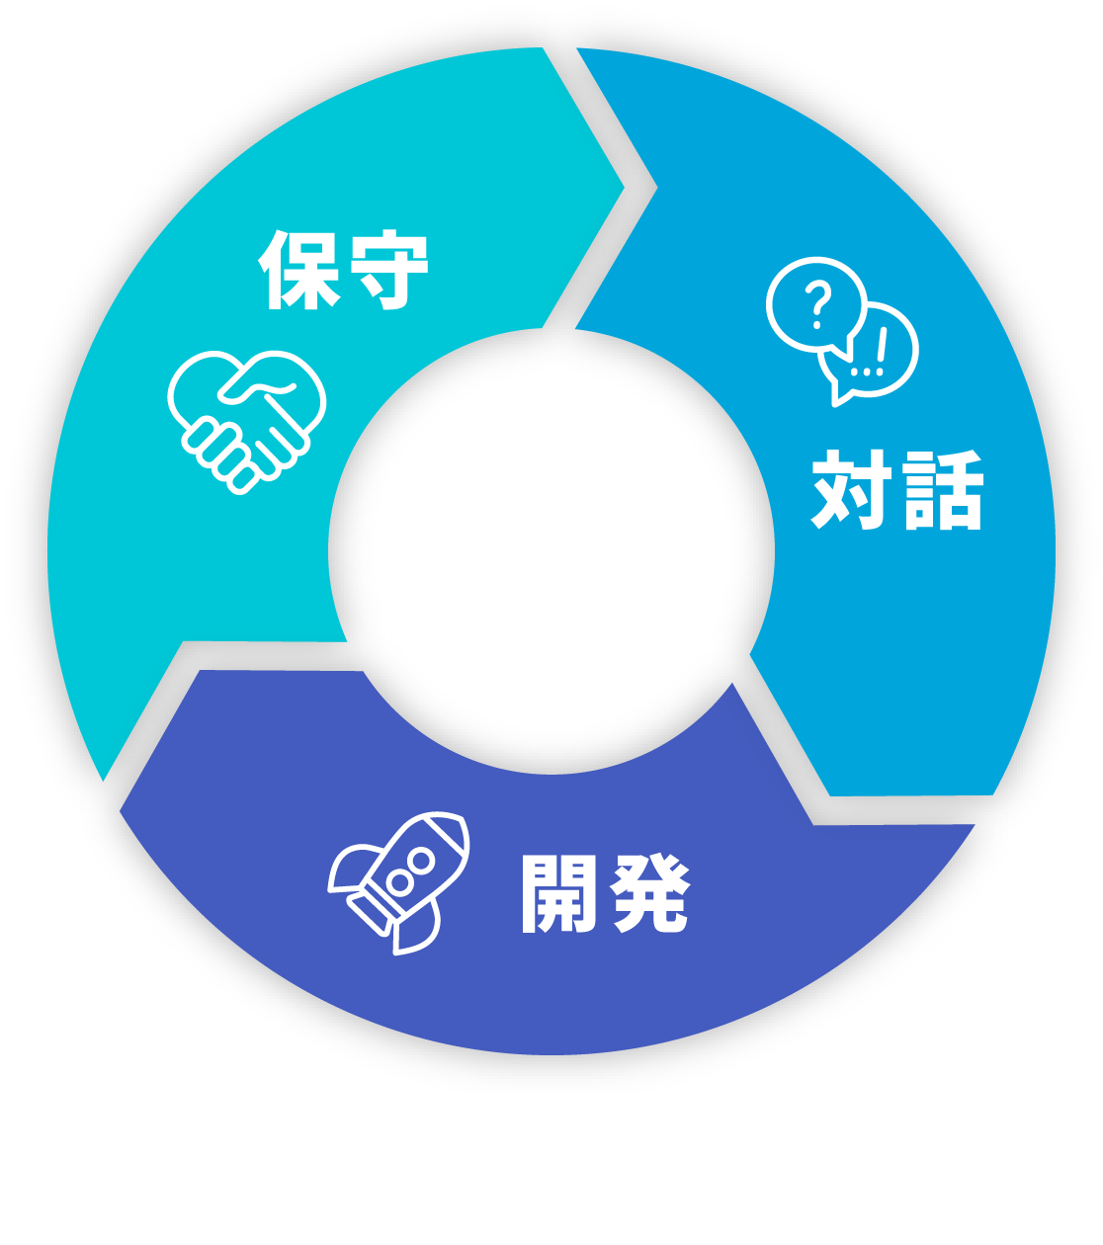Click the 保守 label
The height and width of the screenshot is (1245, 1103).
click(343, 270)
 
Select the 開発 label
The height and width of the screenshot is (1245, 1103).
click(604, 893)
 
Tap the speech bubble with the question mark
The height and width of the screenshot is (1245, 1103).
click(814, 305)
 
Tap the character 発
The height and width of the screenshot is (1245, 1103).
click(647, 893)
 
